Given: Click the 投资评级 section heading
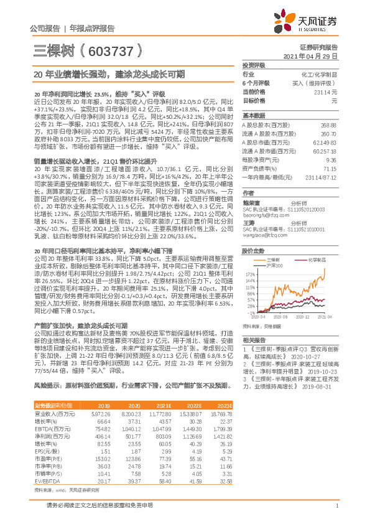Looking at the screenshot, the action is click(254, 65).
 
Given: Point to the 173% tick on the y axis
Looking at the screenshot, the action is click(250, 273).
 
